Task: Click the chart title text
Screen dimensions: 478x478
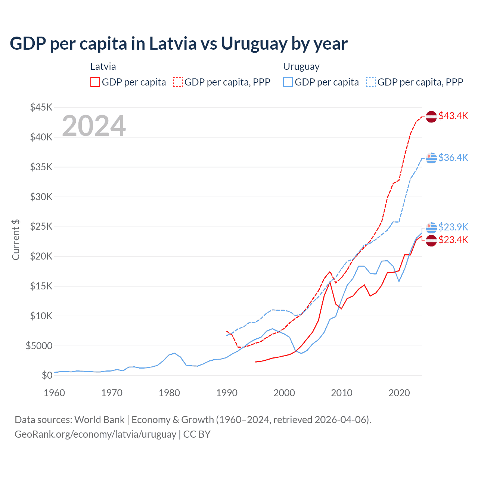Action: [x=179, y=44]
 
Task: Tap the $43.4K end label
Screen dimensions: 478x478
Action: [x=453, y=116]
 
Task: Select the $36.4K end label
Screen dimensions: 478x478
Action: [x=453, y=158]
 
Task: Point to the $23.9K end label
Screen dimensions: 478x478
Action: [x=453, y=227]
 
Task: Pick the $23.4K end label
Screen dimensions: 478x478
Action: [x=453, y=240]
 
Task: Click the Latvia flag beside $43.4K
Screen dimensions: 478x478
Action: [x=431, y=117]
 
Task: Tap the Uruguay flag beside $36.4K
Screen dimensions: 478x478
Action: [x=431, y=158]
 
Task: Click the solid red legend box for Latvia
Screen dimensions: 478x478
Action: [x=95, y=82]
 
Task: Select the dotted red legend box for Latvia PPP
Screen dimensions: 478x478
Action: [x=178, y=82]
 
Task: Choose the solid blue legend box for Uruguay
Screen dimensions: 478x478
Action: [x=288, y=82]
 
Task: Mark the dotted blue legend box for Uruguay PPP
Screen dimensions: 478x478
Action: [x=371, y=82]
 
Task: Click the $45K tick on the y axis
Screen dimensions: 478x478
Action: [x=41, y=108]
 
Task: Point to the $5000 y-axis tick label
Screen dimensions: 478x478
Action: [x=39, y=346]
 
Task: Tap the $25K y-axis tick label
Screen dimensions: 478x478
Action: [x=41, y=227]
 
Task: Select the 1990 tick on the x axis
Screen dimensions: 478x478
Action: [x=227, y=393]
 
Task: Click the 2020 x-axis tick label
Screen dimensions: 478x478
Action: [x=399, y=393]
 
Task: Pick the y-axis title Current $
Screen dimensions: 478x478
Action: [x=16, y=240]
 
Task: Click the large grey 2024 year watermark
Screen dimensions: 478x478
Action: [x=94, y=126]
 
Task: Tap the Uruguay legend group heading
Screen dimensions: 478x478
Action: [x=301, y=66]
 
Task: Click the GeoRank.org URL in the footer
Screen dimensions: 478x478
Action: [x=95, y=434]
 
